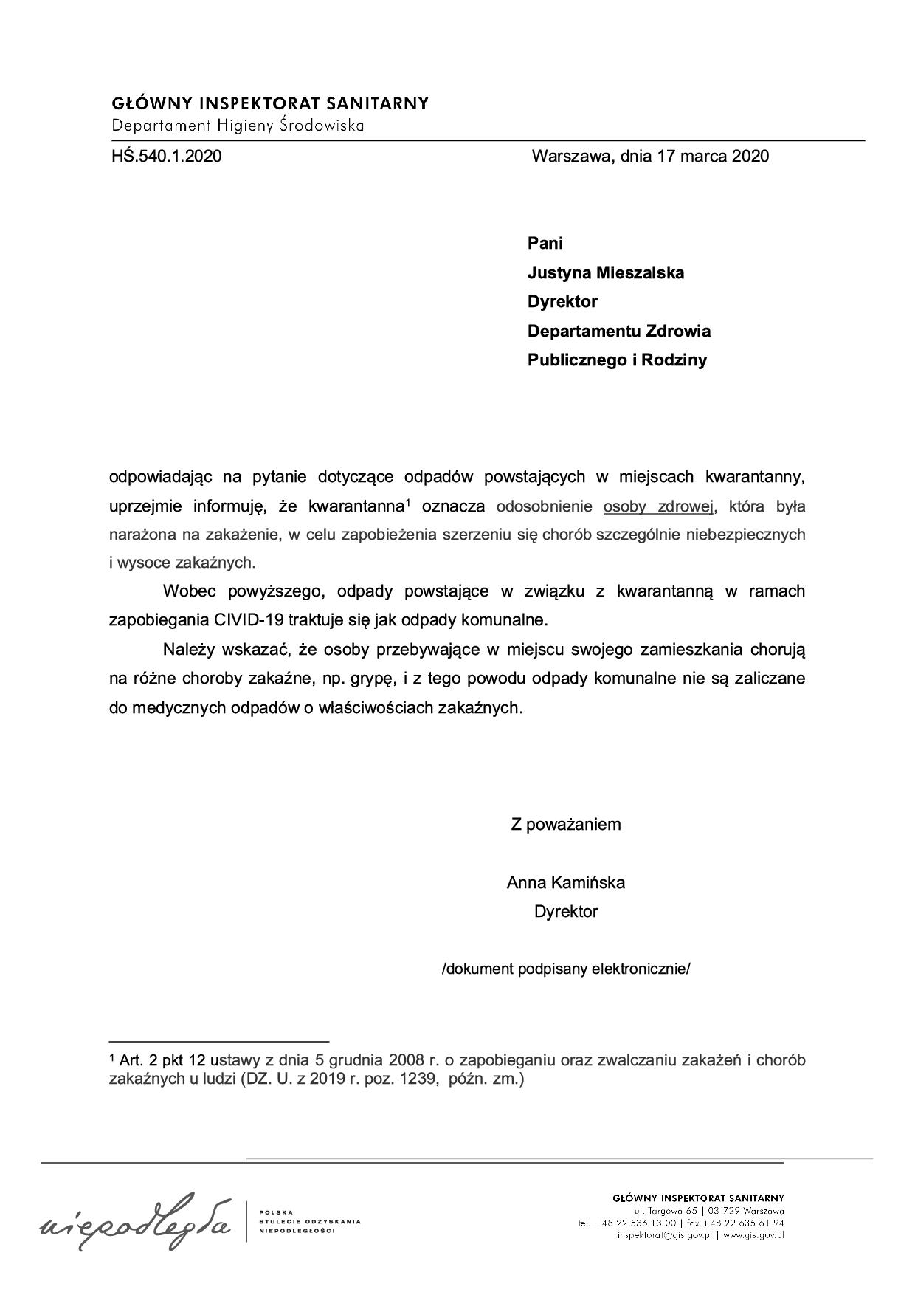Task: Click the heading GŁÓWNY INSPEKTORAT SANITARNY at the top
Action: coord(270,103)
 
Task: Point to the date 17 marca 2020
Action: coord(711,157)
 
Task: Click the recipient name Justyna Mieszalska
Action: coord(605,273)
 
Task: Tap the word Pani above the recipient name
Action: coord(545,244)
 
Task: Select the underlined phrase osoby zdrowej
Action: coord(659,506)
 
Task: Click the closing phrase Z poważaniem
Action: coord(566,825)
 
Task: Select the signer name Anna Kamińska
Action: coord(566,883)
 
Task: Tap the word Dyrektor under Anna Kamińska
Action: coord(566,912)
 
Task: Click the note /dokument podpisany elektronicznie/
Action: coord(566,969)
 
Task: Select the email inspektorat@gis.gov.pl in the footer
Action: coord(664,1234)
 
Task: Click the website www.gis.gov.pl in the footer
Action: coord(753,1234)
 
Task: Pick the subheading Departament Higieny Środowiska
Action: coord(238,126)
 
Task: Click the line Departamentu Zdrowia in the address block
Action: coord(618,332)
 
